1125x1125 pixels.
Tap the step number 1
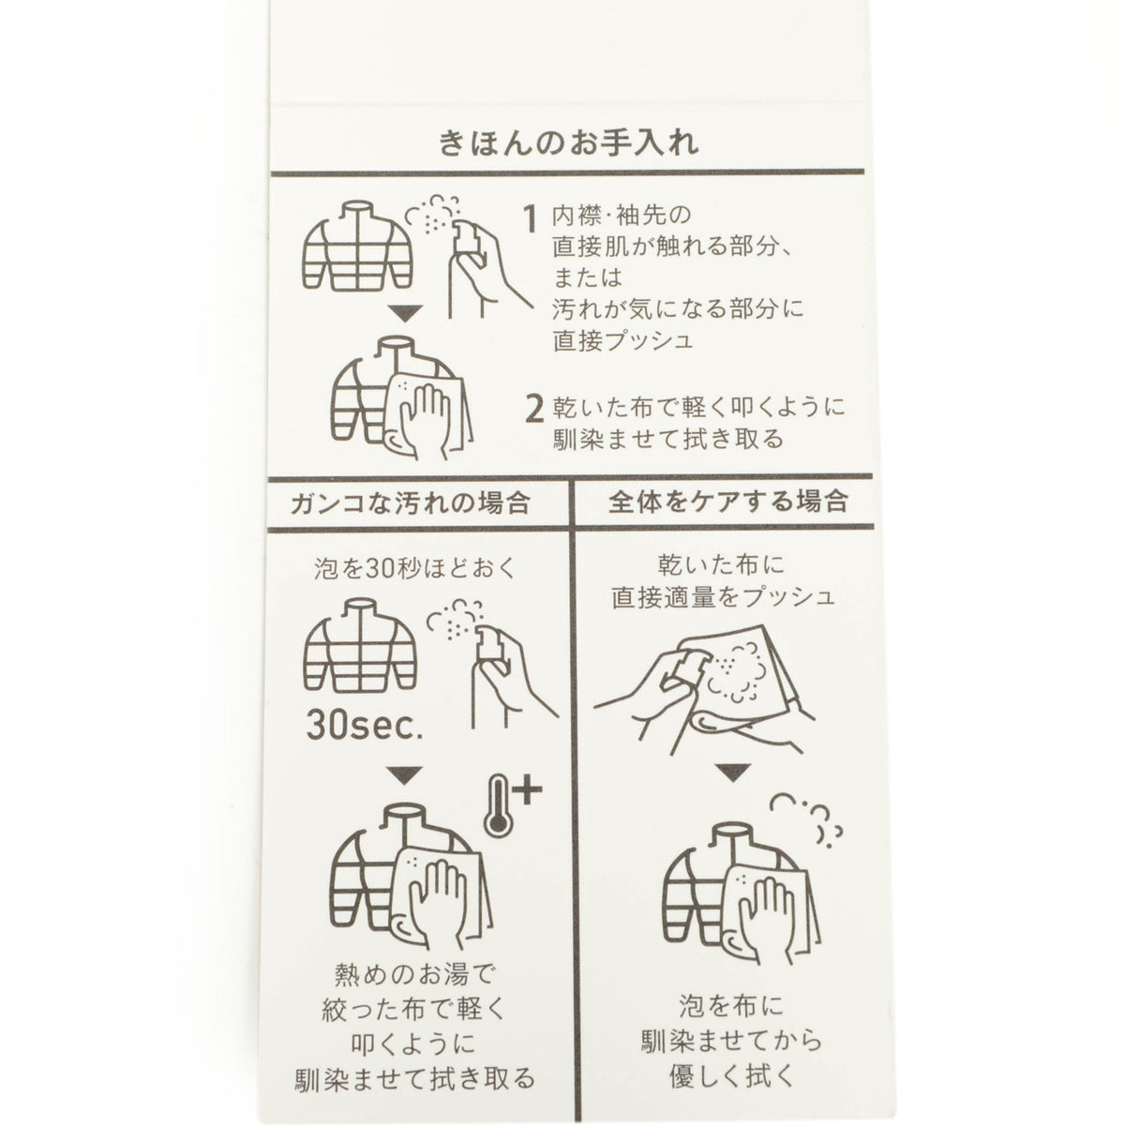[530, 219]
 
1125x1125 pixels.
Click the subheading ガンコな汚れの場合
[411, 502]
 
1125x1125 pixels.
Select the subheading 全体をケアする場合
[727, 501]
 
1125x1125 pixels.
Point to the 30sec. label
[365, 726]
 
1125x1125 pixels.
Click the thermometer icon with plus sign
[513, 803]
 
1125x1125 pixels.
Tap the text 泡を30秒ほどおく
[415, 568]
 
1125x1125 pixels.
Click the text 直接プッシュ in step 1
[622, 340]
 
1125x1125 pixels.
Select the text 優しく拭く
[732, 1076]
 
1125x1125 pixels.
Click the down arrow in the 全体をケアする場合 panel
[733, 772]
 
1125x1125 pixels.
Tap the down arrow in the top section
[405, 313]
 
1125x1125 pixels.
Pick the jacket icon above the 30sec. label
[360, 644]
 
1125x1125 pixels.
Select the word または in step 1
[587, 277]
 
